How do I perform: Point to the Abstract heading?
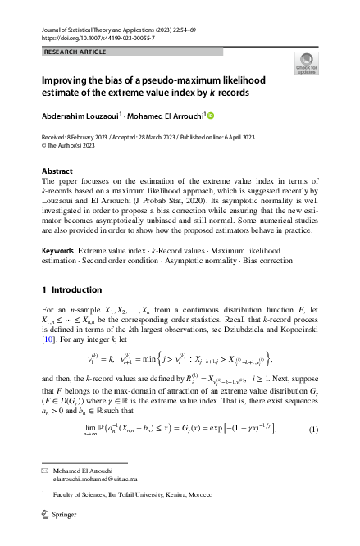(x=57, y=171)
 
